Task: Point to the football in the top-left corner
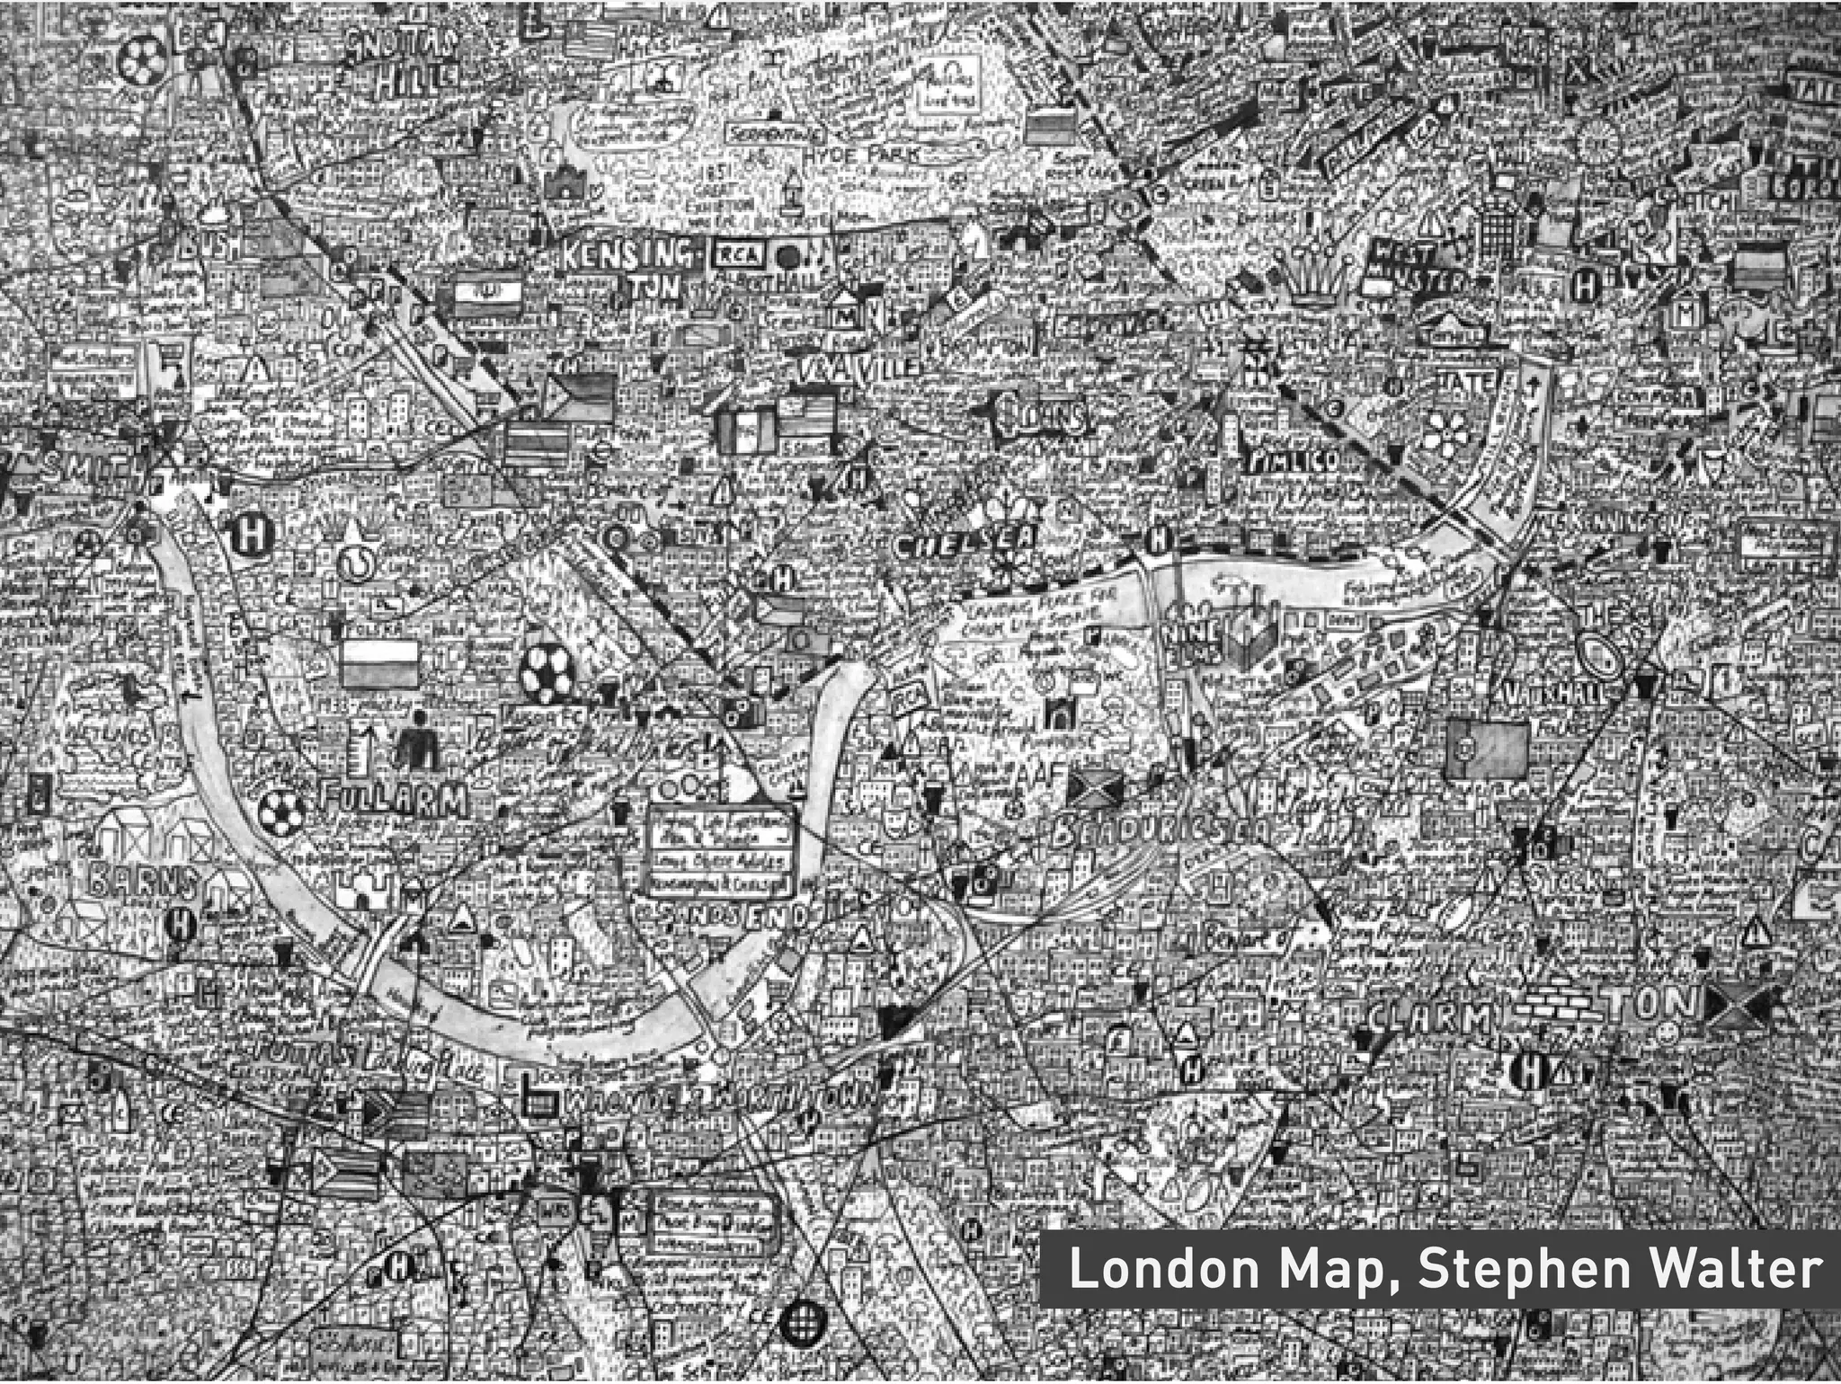(139, 61)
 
